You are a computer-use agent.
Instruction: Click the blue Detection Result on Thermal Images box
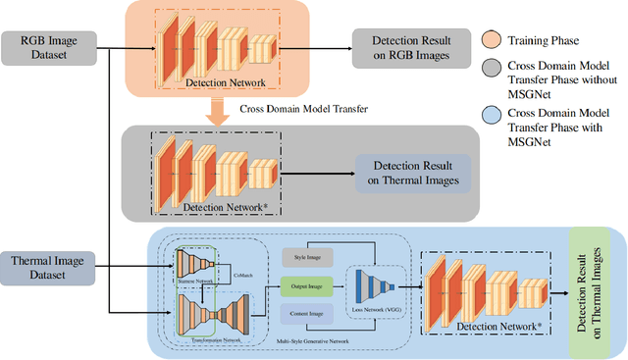pos(413,175)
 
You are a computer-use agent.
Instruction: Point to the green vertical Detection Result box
pos(590,291)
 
